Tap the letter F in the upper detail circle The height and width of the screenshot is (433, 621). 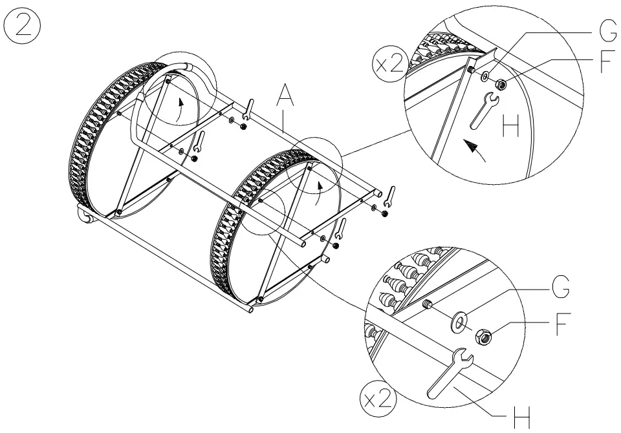click(x=605, y=63)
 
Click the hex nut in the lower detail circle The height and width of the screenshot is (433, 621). click(x=484, y=335)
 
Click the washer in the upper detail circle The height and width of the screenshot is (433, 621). click(x=485, y=77)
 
